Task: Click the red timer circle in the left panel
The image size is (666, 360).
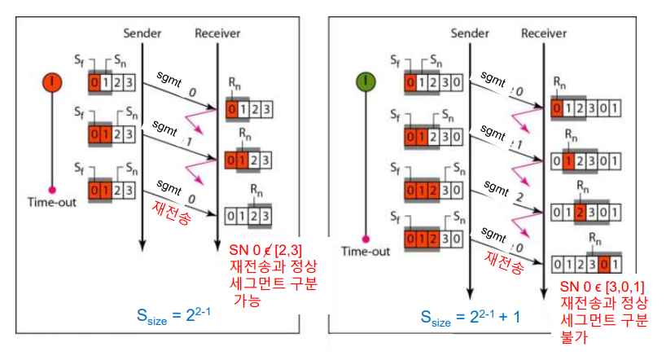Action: (x=53, y=81)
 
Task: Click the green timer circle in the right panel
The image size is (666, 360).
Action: (x=365, y=81)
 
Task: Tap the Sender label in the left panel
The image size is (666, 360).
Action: (x=142, y=33)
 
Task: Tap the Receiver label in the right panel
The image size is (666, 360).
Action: (x=543, y=33)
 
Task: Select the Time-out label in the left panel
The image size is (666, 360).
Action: (x=53, y=201)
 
